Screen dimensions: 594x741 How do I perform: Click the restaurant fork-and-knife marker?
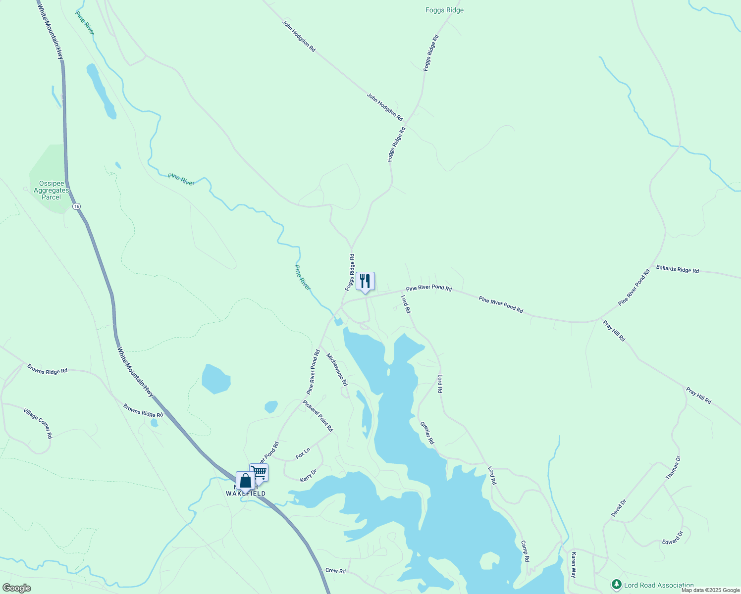point(365,281)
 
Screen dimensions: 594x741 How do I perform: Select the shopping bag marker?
point(245,480)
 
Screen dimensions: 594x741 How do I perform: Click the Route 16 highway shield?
point(76,206)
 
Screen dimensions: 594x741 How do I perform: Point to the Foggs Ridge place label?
point(444,10)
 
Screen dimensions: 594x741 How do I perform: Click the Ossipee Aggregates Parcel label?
point(52,191)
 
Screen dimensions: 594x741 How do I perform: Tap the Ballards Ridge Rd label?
point(677,270)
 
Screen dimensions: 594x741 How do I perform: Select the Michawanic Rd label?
point(337,369)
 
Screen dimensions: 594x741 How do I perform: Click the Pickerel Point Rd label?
point(318,416)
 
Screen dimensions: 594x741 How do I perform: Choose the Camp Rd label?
point(525,551)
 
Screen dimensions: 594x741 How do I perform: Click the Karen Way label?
point(574,565)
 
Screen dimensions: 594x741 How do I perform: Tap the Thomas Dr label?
point(673,468)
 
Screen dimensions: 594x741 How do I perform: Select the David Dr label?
point(619,508)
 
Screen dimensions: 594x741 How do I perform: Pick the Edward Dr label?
point(673,538)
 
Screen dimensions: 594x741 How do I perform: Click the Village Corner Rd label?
point(38,423)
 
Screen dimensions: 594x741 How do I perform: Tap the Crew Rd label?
point(335,571)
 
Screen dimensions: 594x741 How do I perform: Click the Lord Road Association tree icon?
point(616,585)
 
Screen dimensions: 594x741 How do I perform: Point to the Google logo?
point(16,588)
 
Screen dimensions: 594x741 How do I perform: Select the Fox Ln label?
point(303,453)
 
